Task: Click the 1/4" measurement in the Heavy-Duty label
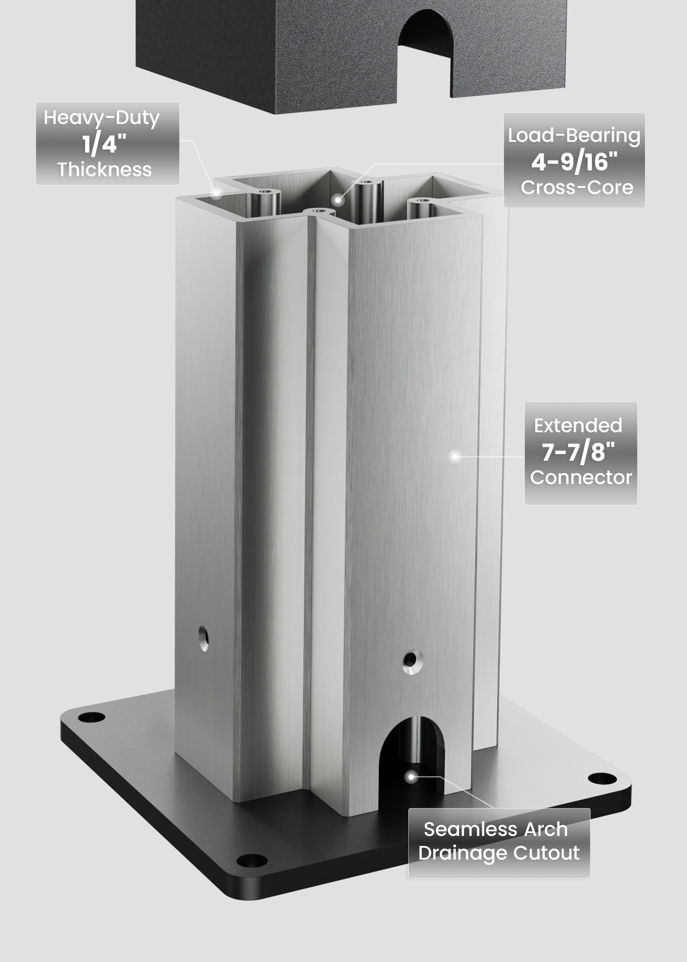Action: click(x=104, y=144)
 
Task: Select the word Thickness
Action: click(x=104, y=170)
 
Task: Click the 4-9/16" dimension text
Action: click(x=574, y=162)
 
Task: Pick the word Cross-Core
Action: click(x=577, y=187)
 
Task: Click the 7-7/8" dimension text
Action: click(x=578, y=452)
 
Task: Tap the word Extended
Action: click(x=578, y=426)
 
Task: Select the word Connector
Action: click(x=581, y=478)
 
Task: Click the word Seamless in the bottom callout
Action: click(x=470, y=829)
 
